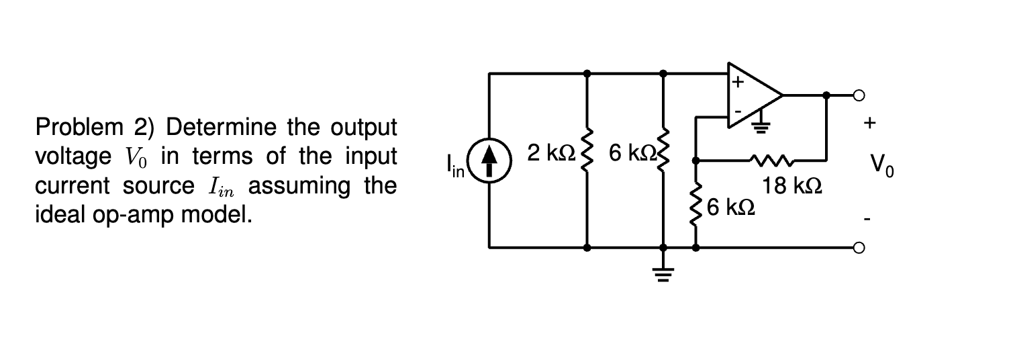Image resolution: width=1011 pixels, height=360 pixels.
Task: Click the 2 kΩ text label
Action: coord(548,153)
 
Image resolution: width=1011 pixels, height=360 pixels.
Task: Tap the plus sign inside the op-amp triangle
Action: coord(738,83)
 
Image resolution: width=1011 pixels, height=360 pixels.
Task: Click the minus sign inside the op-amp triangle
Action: coord(737,109)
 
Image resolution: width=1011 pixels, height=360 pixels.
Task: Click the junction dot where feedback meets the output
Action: coord(827,95)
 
